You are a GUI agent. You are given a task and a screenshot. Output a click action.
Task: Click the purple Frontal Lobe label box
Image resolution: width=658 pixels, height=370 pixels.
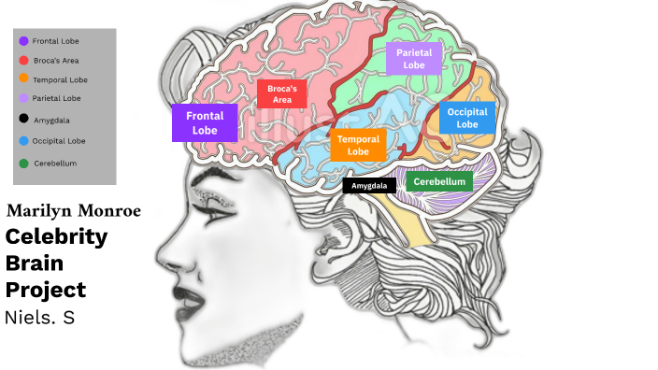tap(204, 123)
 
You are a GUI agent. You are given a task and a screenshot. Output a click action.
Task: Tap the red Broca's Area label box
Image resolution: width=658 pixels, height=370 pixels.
tap(281, 93)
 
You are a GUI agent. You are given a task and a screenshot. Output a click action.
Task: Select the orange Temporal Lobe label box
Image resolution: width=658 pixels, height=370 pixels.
tap(358, 145)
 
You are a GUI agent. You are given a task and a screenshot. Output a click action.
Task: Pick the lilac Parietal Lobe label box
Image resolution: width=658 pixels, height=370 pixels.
tap(413, 59)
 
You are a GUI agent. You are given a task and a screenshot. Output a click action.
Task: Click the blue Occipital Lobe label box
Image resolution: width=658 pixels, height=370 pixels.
tap(467, 118)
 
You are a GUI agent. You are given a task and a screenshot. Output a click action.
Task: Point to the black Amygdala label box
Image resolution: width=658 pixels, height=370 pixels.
tap(369, 185)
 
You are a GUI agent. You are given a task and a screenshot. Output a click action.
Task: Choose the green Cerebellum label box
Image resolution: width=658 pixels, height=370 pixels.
tap(439, 181)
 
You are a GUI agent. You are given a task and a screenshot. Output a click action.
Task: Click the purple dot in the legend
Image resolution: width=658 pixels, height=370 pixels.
tap(22, 41)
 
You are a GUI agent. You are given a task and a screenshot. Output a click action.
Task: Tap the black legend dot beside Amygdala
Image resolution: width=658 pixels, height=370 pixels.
tap(22, 119)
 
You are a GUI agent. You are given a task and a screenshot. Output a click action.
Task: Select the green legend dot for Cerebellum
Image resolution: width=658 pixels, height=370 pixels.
tap(22, 164)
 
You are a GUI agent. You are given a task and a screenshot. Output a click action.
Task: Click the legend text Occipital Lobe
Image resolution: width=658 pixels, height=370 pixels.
tap(59, 141)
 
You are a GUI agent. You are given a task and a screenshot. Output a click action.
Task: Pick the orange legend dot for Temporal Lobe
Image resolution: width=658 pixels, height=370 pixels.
tap(22, 79)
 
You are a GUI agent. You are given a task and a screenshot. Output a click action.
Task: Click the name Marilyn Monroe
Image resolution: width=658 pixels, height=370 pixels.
tap(74, 211)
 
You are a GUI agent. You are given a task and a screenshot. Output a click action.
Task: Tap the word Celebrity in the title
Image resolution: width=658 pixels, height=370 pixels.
tap(56, 236)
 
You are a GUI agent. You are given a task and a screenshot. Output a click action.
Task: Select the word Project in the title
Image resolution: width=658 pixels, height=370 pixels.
tap(46, 290)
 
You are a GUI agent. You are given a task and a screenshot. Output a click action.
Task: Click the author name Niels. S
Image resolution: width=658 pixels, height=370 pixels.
tap(40, 318)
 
